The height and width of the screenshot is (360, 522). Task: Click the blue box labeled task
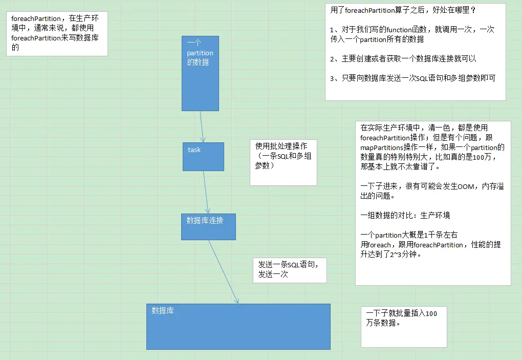click(x=203, y=157)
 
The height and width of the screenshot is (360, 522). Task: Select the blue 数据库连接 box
click(x=208, y=227)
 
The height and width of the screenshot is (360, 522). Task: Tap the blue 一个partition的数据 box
click(x=200, y=73)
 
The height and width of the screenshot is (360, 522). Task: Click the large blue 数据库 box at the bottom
click(x=238, y=327)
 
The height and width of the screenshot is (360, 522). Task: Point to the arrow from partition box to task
click(x=202, y=126)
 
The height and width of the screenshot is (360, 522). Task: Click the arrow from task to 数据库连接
click(x=206, y=192)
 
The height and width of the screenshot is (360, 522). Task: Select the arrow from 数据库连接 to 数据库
click(x=223, y=271)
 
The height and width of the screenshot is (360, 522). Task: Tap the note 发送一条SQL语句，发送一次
click(x=289, y=269)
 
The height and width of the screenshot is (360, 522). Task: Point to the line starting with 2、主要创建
click(x=403, y=59)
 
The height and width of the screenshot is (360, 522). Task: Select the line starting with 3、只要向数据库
click(x=412, y=78)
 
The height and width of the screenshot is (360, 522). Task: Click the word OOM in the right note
click(x=466, y=187)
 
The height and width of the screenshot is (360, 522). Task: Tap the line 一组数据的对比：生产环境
click(x=405, y=216)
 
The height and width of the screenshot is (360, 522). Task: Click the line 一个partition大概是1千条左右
click(x=409, y=235)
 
